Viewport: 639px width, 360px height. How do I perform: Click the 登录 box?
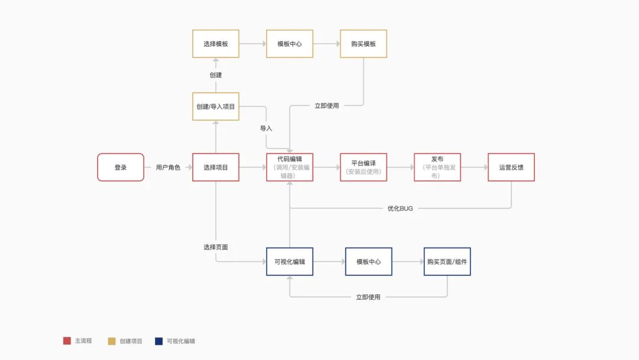click(x=121, y=168)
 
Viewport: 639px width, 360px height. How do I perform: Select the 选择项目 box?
click(x=216, y=168)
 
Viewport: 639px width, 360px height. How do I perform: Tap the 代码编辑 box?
click(x=290, y=168)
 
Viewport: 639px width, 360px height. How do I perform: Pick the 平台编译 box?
click(x=363, y=168)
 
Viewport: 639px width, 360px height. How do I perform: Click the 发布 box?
click(x=437, y=168)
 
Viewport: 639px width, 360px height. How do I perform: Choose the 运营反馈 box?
click(x=511, y=168)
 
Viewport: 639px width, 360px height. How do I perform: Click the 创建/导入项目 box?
click(x=216, y=107)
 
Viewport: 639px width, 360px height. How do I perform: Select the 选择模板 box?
click(x=216, y=44)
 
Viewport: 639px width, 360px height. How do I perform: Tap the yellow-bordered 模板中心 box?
click(x=290, y=44)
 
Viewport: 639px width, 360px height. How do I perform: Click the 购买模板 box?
click(x=363, y=44)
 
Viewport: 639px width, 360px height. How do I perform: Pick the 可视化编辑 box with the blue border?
click(x=290, y=262)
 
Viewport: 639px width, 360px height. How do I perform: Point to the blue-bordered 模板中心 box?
click(x=369, y=262)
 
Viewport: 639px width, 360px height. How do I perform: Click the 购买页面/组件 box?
click(x=447, y=262)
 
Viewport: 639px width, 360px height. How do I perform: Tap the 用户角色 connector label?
click(x=168, y=168)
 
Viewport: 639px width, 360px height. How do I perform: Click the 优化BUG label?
click(x=400, y=208)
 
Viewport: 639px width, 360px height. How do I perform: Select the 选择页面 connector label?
click(x=216, y=247)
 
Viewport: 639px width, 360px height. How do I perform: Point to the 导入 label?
click(x=266, y=128)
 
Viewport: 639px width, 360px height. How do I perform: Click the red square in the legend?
click(x=67, y=341)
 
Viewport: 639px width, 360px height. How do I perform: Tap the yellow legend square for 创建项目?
click(x=112, y=341)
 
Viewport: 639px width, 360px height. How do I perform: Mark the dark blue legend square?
click(x=158, y=341)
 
